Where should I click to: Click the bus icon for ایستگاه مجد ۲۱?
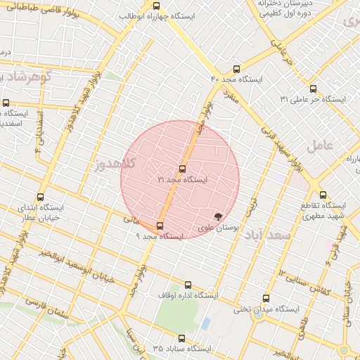tap(183, 169)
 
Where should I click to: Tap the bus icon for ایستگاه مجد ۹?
tap(160, 226)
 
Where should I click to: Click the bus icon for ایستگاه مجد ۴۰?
tap(235, 70)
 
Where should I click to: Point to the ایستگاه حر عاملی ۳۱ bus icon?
tap(313, 89)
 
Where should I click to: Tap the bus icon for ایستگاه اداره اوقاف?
tap(188, 285)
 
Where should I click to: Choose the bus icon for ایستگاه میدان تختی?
tap(265, 298)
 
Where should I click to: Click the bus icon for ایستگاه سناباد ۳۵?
tap(182, 338)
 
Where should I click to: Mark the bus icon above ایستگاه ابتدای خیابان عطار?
tap(39, 198)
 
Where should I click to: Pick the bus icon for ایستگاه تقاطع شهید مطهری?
tap(323, 195)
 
